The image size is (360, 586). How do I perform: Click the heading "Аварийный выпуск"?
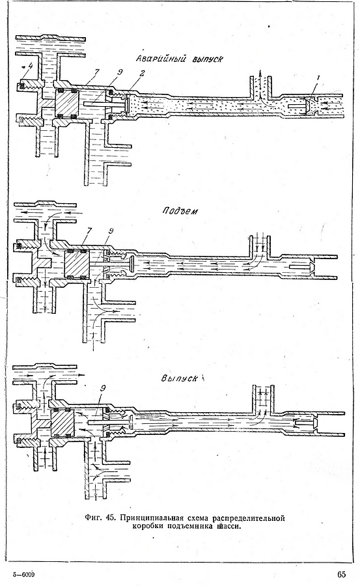180,59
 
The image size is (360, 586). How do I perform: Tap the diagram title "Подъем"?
180,211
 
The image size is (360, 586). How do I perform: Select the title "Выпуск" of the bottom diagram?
180,378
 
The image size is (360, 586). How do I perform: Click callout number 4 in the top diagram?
31,66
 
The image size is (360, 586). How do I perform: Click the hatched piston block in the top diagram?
66,103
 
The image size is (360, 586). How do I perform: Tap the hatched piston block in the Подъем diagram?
77,264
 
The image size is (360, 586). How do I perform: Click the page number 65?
341,574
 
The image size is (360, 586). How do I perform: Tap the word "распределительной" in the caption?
249,518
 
